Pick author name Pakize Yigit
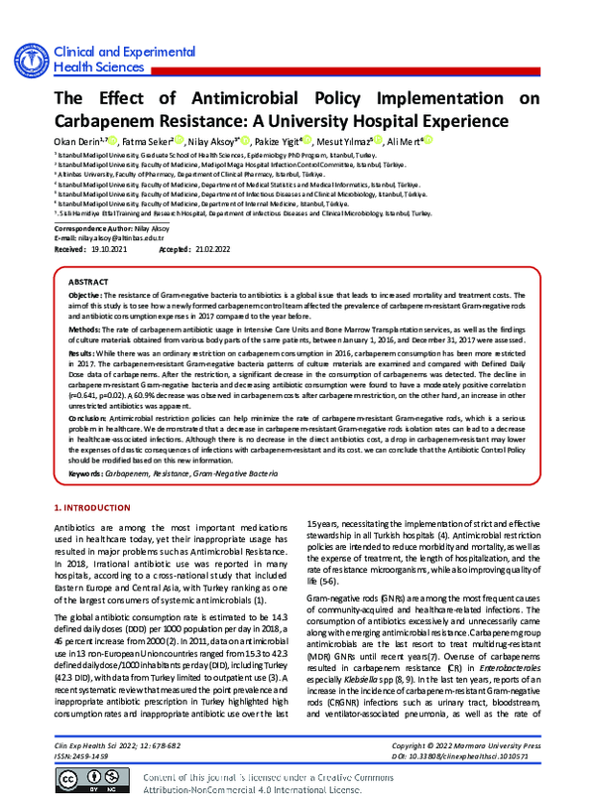(294, 143)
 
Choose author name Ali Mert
(401, 143)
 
